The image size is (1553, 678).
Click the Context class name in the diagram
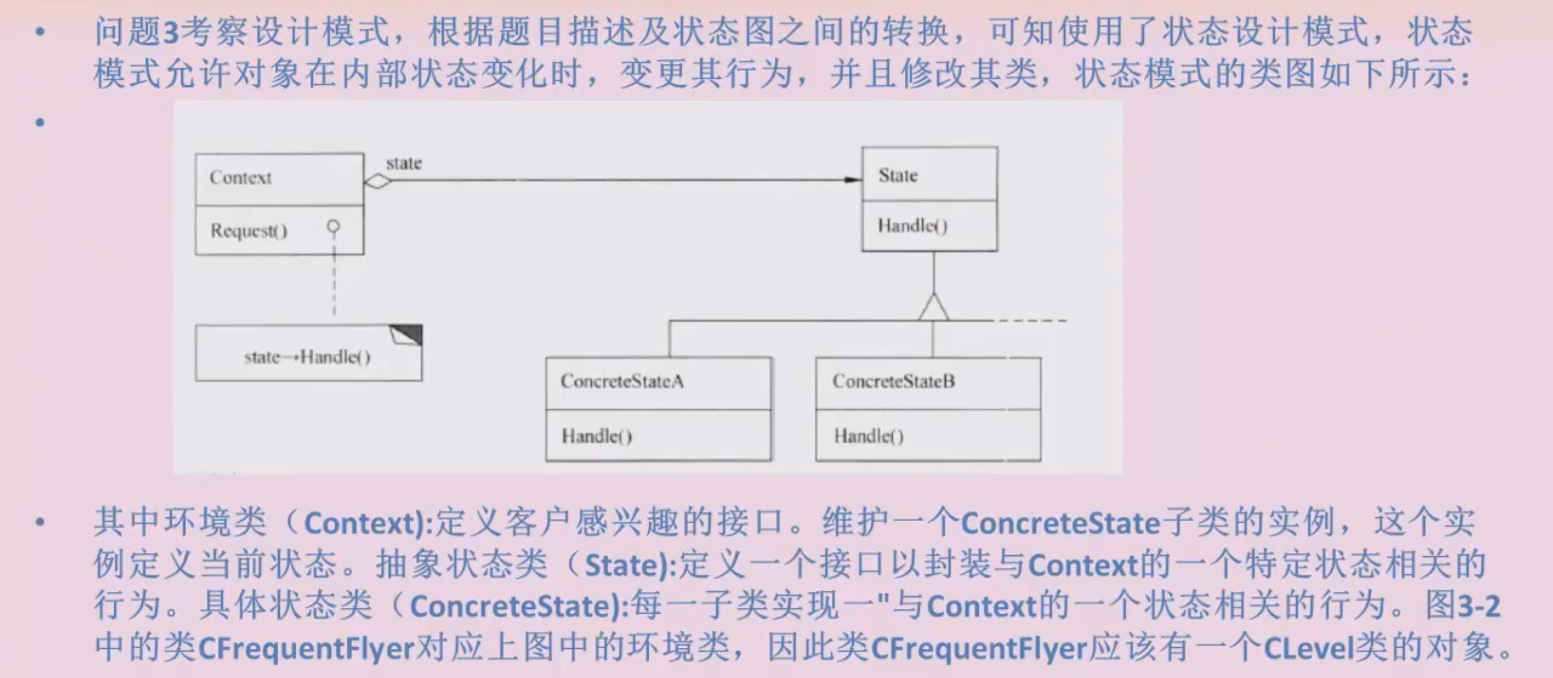pos(240,177)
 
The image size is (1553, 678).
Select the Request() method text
pos(249,230)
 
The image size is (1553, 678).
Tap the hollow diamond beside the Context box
pos(378,180)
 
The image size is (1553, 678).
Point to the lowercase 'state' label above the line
pos(404,163)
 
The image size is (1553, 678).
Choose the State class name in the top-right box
pos(898,175)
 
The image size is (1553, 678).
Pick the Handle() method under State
pos(912,225)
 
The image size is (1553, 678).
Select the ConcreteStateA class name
pos(622,381)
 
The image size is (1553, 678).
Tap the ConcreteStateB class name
pos(894,381)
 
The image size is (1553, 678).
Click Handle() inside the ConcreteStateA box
pos(596,435)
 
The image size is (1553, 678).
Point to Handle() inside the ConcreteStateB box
pos(869,435)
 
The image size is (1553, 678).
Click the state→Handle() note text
pos(307,357)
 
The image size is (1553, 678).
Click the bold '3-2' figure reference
pos(1478,606)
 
